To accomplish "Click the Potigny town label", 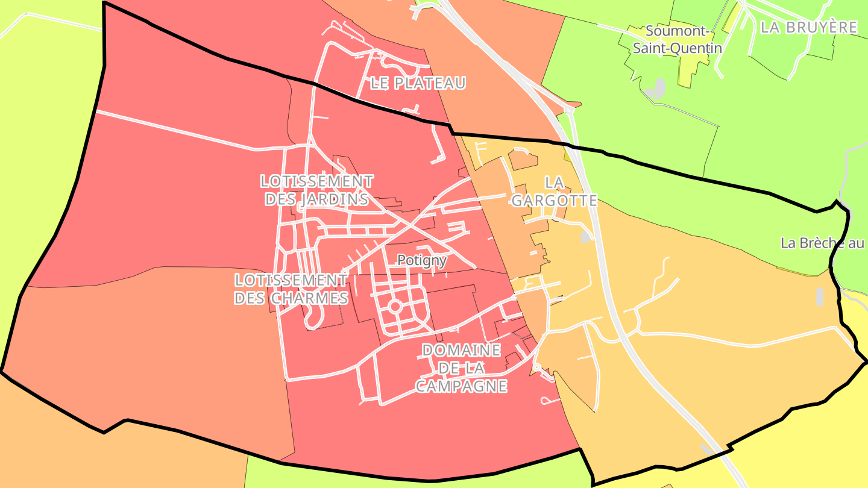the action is click(x=422, y=260).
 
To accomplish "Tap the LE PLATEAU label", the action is click(x=418, y=83).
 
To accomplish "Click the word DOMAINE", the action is click(x=461, y=350).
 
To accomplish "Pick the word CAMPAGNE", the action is click(x=461, y=386).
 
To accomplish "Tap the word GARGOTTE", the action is click(x=554, y=201).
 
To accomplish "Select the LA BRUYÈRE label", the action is click(x=808, y=27).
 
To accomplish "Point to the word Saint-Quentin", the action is click(x=677, y=48).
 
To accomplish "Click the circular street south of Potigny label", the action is click(x=395, y=307).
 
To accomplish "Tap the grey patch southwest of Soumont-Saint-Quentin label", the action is click(x=655, y=90).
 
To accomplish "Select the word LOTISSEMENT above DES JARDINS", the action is click(x=316, y=181).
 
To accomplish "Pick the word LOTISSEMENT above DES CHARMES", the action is click(x=291, y=280).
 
